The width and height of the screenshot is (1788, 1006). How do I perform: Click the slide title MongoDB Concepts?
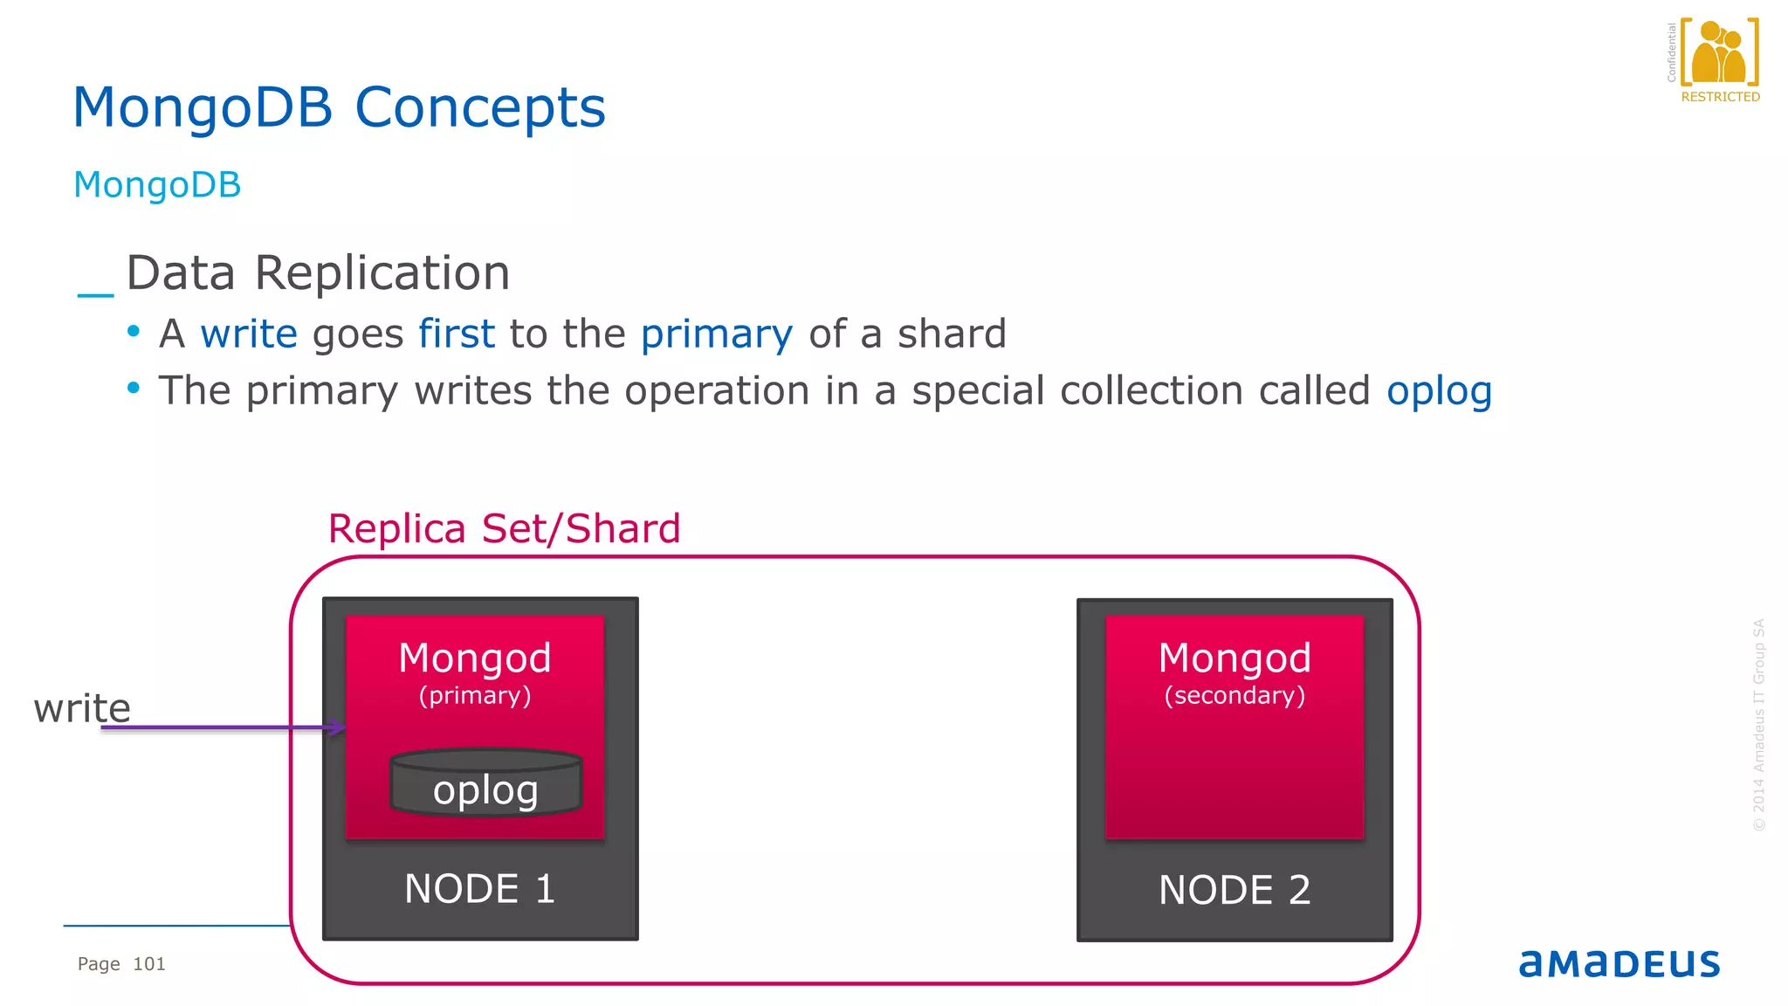point(339,108)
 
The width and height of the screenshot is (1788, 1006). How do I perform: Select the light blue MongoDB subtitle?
point(157,185)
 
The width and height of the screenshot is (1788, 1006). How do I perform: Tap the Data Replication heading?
point(318,273)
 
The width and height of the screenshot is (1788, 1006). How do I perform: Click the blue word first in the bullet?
point(457,334)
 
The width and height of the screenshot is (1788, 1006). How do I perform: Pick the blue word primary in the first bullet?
point(717,334)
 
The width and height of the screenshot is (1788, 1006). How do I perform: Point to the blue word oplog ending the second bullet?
point(1439,391)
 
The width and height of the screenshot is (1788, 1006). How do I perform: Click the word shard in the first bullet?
point(952,334)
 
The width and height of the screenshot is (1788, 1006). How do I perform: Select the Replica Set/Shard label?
point(504,529)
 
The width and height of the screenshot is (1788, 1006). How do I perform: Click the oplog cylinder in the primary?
point(485,783)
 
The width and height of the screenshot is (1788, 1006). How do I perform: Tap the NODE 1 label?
point(480,889)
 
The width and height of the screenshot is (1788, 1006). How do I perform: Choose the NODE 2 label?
point(1234,890)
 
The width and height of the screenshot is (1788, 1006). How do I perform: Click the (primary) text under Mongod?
point(475,695)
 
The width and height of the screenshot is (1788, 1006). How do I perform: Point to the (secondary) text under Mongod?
point(1234,695)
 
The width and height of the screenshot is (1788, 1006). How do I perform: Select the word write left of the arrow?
point(82,707)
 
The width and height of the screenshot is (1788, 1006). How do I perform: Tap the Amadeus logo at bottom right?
point(1620,963)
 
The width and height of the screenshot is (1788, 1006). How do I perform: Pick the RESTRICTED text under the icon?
point(1720,97)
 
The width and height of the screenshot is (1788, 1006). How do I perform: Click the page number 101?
point(149,964)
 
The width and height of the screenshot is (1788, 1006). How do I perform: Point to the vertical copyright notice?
point(1759,725)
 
